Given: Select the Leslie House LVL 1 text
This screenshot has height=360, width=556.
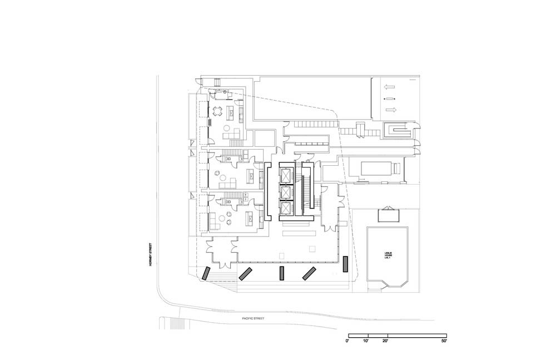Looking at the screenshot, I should point(388,257).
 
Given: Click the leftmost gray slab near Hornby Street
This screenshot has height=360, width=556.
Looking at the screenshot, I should point(206,273).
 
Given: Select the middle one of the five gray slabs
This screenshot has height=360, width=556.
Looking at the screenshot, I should point(282,273).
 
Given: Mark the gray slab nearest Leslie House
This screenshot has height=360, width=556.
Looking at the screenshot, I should point(345,263).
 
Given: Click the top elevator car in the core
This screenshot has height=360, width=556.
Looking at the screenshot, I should point(286,175).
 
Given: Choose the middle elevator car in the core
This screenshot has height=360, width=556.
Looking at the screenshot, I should point(286,192).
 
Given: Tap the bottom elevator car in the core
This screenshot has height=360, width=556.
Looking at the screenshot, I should point(286,209).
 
